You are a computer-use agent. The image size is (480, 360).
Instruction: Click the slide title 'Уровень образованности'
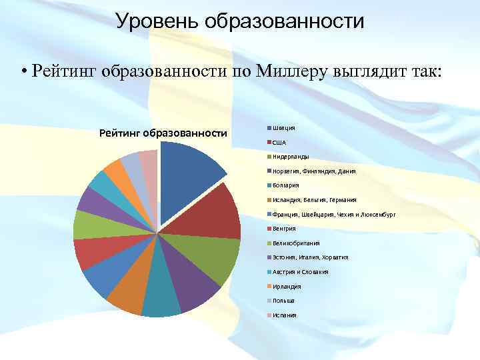tap(239, 21)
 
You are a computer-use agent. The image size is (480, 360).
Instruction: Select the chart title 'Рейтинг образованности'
tap(163, 133)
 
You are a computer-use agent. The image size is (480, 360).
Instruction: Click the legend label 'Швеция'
tap(283, 128)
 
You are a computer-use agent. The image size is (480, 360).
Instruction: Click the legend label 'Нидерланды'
tap(291, 157)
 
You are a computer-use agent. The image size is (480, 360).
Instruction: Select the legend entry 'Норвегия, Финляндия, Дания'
tap(313, 171)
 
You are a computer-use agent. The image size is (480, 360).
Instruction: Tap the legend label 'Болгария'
tap(286, 185)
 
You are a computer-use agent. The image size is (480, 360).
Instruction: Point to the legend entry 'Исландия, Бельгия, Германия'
tap(314, 200)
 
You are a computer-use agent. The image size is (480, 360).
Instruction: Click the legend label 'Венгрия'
tap(284, 229)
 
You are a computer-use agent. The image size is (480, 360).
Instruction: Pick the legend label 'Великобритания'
tap(296, 243)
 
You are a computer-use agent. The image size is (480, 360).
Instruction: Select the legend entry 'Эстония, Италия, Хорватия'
tap(310, 257)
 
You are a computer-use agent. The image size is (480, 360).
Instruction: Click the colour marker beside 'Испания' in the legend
tap(269, 315)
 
